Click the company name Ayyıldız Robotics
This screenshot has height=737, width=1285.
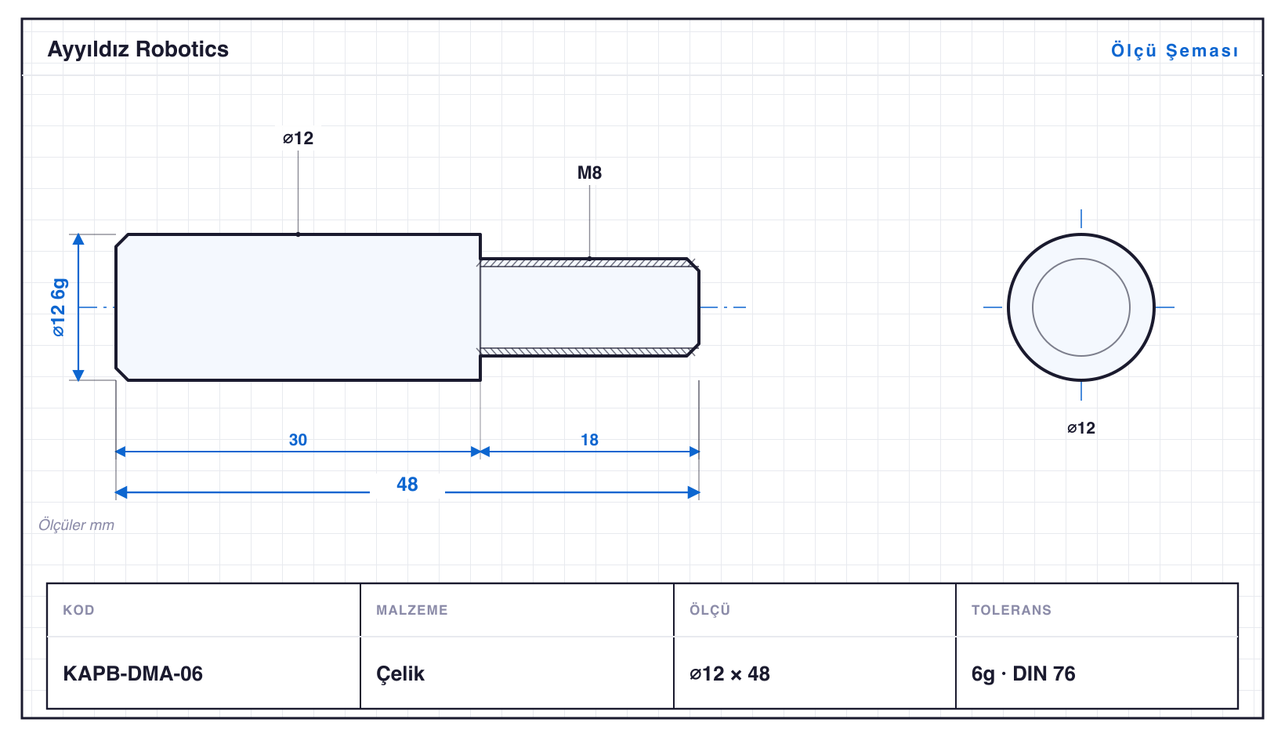click(138, 50)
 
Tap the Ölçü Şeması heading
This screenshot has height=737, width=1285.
click(1175, 50)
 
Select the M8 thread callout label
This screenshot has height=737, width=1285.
click(589, 172)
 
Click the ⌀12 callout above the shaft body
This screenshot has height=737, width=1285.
click(298, 138)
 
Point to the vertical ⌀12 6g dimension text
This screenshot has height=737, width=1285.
click(59, 307)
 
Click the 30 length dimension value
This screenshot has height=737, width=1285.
click(298, 440)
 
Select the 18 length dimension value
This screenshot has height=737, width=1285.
click(589, 440)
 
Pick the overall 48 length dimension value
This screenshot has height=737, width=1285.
click(407, 485)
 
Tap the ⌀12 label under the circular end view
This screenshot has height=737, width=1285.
click(1080, 428)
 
